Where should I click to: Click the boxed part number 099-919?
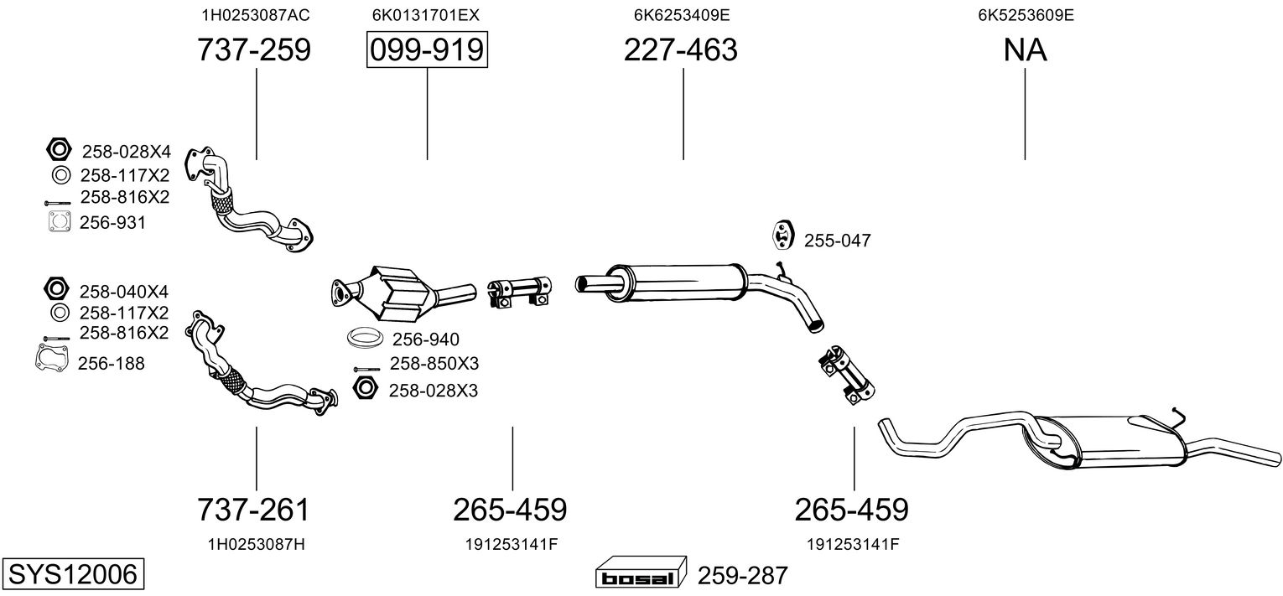(427, 49)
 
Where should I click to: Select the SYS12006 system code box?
(73, 573)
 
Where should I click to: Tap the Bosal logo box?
(641, 573)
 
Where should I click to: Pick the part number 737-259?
(254, 49)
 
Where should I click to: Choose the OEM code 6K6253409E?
(682, 15)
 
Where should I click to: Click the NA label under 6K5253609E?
(1025, 49)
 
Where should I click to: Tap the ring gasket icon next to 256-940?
(365, 338)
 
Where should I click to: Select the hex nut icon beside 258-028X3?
(366, 389)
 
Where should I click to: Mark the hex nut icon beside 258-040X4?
(56, 288)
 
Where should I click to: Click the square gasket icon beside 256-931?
(60, 221)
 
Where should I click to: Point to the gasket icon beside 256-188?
(52, 357)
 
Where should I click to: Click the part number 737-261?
(253, 510)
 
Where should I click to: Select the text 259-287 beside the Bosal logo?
(742, 575)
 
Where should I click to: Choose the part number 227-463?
(680, 49)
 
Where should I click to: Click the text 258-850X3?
(434, 364)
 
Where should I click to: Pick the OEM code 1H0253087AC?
(256, 15)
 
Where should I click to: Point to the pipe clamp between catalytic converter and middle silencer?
(520, 292)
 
